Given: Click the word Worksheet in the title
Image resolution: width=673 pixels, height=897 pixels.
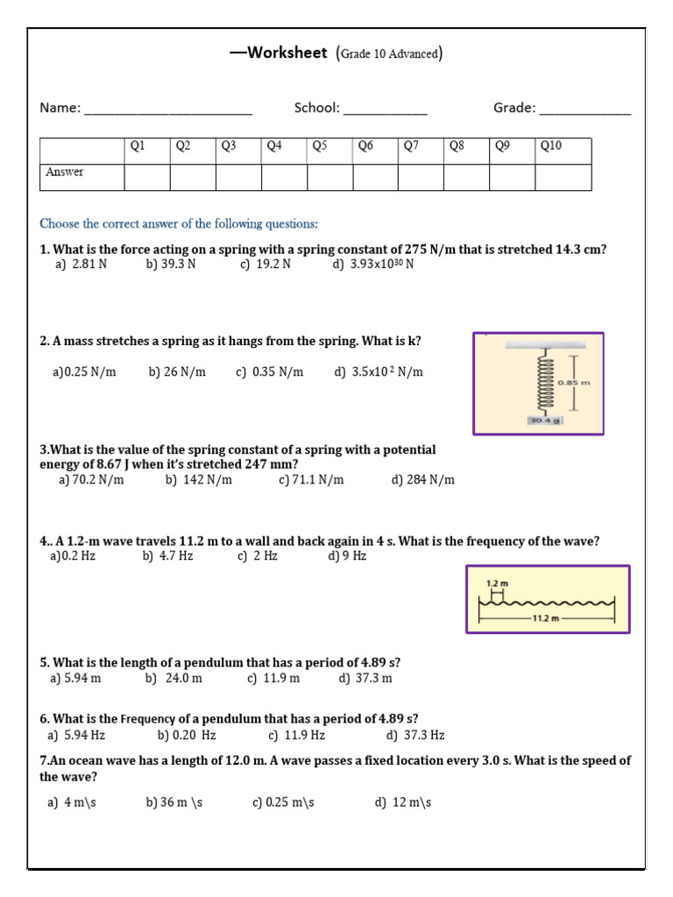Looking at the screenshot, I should [287, 53].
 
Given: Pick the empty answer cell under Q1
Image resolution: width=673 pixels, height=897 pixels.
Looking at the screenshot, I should [146, 177].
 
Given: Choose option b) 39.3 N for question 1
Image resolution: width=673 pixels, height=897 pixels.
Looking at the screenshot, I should [171, 264].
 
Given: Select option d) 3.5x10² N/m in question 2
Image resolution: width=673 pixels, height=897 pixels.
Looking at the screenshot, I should [379, 372].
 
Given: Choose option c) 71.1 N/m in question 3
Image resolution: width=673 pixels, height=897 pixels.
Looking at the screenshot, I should [311, 479].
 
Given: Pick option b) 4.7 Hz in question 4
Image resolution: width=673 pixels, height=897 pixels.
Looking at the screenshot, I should [167, 556].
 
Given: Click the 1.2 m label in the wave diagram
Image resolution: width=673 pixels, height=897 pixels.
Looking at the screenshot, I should [497, 583].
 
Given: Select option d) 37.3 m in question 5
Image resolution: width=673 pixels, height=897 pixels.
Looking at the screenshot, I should [365, 678].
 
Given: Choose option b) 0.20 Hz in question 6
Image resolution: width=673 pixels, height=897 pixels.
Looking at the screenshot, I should [187, 736].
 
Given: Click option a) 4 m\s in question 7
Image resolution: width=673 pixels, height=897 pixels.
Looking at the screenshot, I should [72, 802].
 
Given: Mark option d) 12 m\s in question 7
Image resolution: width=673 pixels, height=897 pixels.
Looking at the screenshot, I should [403, 802].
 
